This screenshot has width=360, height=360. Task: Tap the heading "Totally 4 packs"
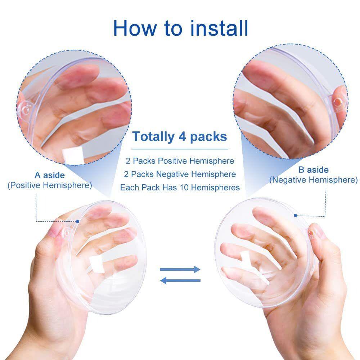pos(180,137)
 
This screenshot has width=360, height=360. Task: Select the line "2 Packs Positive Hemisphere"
pos(180,161)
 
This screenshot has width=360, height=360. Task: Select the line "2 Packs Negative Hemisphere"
pos(180,174)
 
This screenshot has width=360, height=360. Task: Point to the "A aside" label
pos(50,175)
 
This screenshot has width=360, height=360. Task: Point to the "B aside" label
pos(313,170)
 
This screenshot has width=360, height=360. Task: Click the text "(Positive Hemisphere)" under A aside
pos(50,185)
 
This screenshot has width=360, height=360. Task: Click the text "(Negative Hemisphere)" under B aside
pos(313,180)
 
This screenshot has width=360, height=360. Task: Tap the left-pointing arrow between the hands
pos(180,280)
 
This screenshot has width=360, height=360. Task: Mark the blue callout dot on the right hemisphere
pos(295,215)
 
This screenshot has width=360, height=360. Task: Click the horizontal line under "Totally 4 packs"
pos(180,149)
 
